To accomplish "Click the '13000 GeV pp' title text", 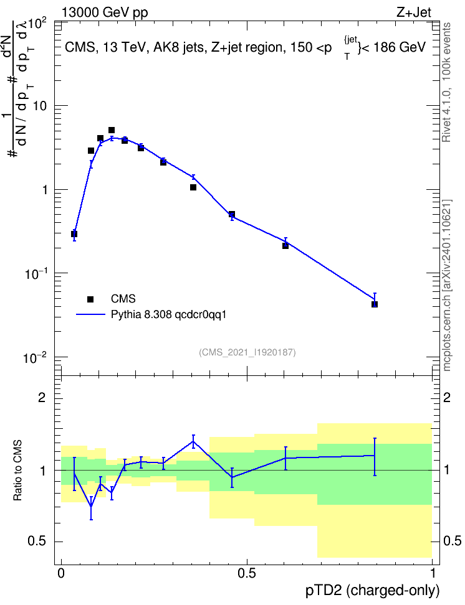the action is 105,13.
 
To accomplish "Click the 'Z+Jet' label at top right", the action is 414,12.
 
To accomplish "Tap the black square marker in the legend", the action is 90,299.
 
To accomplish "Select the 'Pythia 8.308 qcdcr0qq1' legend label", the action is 168,315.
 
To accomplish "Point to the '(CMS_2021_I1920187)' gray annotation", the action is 247,352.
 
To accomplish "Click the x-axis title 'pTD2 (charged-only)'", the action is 373,591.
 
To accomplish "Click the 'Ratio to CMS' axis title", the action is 17,471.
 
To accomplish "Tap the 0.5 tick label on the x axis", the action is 247,573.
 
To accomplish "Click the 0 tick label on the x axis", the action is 61,573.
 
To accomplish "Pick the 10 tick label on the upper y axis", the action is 39,106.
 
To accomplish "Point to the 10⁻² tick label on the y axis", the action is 35,358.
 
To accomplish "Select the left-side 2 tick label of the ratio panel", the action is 42,398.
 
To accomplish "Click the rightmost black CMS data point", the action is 375,304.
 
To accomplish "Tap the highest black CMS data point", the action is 112,131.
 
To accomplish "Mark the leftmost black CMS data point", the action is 74,234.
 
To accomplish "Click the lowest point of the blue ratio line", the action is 91,506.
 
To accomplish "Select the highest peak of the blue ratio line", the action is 193,441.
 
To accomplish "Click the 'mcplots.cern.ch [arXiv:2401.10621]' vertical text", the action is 447,286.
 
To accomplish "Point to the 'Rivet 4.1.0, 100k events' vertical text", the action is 446,82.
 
